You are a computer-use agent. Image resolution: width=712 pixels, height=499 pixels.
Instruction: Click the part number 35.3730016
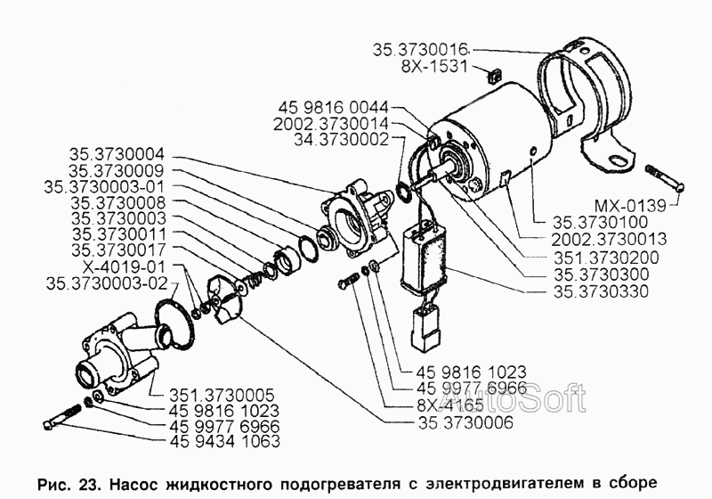click(x=421, y=50)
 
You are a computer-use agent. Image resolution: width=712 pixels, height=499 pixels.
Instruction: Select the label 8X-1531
click(x=434, y=67)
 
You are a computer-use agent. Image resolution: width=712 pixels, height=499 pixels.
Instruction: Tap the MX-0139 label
click(x=630, y=207)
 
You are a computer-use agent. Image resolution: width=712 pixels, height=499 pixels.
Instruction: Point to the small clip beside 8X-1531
click(x=493, y=76)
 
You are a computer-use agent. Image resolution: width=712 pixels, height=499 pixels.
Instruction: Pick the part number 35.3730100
click(x=600, y=223)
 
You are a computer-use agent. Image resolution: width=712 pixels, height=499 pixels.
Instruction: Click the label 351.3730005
click(x=222, y=395)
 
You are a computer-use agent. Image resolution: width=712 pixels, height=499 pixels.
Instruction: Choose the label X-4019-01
click(x=124, y=266)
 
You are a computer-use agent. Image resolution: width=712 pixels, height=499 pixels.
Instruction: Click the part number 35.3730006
click(x=465, y=422)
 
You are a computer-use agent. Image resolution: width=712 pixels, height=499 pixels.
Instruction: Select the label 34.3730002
click(x=342, y=140)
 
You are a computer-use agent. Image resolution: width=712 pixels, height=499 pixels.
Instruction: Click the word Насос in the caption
click(x=134, y=484)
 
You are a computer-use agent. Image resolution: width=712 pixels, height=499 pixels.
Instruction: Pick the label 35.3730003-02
click(x=107, y=283)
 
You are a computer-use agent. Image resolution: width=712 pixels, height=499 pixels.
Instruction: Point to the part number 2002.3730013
click(x=609, y=240)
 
